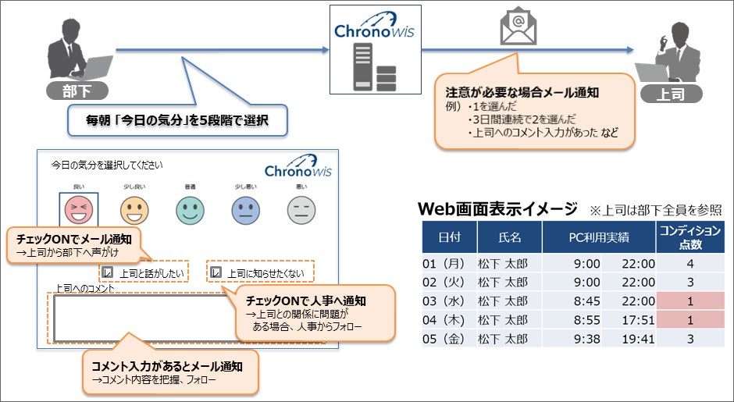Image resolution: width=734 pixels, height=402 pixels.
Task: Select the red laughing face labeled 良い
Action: click(x=79, y=209)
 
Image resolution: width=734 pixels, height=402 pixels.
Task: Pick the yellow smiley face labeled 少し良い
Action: click(x=134, y=209)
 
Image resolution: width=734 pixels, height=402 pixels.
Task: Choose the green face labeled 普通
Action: click(x=190, y=209)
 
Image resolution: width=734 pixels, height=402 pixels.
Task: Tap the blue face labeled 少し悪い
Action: click(x=245, y=209)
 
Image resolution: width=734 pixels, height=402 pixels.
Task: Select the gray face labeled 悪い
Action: click(x=301, y=209)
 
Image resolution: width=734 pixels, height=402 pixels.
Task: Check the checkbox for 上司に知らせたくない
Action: click(x=216, y=273)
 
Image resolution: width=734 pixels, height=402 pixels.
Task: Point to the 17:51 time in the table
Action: click(x=638, y=320)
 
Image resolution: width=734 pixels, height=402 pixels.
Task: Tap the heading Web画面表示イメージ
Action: click(x=497, y=209)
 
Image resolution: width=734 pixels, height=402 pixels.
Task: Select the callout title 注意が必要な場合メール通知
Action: click(x=522, y=92)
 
